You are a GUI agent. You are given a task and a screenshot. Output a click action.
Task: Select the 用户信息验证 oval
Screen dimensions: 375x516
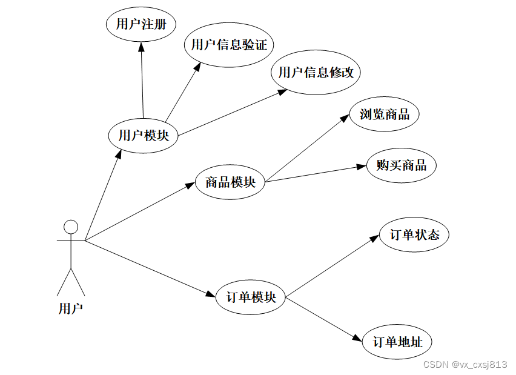coord(229,44)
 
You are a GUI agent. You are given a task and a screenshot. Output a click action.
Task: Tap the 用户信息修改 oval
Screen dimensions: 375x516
coord(316,73)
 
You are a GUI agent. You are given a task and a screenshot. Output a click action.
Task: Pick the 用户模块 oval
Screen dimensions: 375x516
coord(144,135)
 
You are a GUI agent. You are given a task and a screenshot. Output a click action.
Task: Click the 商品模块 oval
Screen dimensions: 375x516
coord(230,181)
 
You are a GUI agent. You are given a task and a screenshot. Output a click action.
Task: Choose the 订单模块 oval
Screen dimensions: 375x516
coord(250,297)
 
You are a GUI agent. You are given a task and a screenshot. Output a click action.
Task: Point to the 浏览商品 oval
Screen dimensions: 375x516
coord(385,114)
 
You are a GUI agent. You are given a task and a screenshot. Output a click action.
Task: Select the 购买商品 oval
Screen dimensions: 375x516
coord(401,165)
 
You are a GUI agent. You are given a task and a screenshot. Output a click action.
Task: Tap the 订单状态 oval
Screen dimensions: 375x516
coord(414,235)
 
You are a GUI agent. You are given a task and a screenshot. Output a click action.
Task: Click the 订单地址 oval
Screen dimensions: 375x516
coord(397,342)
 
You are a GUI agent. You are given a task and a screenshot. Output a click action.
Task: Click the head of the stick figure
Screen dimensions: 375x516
coord(71,227)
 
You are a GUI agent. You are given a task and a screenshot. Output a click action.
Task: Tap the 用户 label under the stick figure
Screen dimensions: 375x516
coord(70,308)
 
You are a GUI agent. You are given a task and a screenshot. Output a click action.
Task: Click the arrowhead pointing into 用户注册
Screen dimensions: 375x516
coord(141,46)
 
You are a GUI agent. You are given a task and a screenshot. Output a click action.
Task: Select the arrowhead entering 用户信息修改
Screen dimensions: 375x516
coord(282,91)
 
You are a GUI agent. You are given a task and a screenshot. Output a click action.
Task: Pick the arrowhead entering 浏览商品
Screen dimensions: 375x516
coord(345,119)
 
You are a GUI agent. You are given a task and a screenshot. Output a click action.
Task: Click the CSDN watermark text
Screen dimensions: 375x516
coord(465,364)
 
